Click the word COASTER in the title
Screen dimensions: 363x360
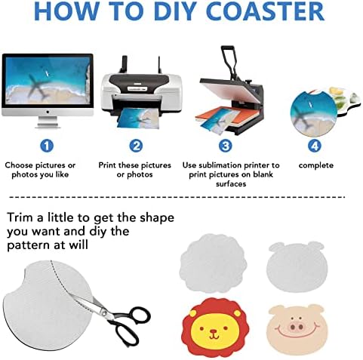[x=266, y=11]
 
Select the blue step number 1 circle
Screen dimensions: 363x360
[x=47, y=146]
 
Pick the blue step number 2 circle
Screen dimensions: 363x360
[x=136, y=146]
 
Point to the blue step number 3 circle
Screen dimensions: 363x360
[x=225, y=146]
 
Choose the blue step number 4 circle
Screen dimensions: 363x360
[x=315, y=146]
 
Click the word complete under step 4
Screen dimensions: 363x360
[x=316, y=165]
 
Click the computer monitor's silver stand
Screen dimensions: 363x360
[x=48, y=122]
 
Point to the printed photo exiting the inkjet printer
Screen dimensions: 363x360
[x=138, y=118]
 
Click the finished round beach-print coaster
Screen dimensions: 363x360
[x=313, y=114]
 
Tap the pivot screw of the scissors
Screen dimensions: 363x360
[x=103, y=312]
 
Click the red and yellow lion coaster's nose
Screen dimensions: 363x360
[x=214, y=331]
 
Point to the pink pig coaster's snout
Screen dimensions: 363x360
[x=296, y=327]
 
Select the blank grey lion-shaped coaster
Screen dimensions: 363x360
[x=213, y=263]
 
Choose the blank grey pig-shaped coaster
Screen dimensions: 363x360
[x=297, y=266]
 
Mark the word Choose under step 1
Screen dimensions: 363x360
[x=19, y=165]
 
